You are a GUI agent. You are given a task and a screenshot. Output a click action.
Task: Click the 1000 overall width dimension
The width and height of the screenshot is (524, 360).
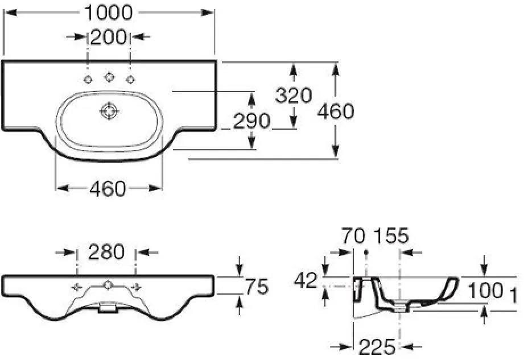point(108,13)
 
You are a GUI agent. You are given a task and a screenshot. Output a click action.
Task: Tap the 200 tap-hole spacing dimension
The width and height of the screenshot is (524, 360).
point(109,37)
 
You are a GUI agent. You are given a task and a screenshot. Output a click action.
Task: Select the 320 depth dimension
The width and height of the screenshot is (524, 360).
point(294,96)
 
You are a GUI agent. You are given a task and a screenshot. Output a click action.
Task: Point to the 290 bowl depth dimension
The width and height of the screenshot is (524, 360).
point(251,121)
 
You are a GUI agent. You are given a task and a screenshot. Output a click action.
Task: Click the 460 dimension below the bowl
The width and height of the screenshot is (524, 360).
point(108,189)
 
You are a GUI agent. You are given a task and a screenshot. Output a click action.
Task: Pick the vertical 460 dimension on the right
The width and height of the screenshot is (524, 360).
point(335,111)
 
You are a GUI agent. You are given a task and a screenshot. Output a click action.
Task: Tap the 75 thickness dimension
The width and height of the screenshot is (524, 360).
point(257,287)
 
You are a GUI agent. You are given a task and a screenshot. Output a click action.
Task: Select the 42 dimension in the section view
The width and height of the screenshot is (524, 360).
point(305,280)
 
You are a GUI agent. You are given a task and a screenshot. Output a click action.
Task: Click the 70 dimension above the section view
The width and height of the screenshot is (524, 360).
point(353,236)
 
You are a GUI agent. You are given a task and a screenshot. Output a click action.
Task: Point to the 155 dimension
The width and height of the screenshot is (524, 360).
point(391,236)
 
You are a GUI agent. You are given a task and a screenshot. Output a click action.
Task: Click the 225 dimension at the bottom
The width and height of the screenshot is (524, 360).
point(377,347)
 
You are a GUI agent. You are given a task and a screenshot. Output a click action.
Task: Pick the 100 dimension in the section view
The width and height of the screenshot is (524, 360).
point(485,291)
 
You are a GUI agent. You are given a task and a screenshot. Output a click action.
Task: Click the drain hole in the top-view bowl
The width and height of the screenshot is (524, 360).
point(109,111)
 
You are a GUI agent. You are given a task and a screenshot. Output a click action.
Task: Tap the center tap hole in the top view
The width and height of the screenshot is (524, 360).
point(108,77)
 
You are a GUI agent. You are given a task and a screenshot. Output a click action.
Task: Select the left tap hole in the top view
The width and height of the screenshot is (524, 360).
point(88,80)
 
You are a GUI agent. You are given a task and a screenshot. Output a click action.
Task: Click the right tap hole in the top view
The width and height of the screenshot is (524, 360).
point(130,80)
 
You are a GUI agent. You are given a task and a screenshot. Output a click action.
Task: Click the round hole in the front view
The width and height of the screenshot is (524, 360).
point(108,285)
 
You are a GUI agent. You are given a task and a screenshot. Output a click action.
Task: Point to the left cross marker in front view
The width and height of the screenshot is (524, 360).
point(77,287)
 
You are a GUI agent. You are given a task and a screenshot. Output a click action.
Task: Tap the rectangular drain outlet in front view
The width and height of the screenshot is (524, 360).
point(108,307)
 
